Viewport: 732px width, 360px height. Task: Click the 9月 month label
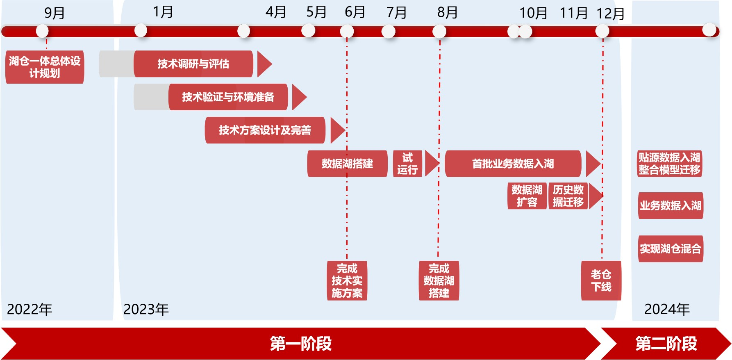[54, 13]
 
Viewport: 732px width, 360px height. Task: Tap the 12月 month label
[610, 14]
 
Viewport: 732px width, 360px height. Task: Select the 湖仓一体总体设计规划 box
[45, 67]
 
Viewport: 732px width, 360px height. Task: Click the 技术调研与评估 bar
[193, 64]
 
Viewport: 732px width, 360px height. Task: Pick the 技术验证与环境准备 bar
[228, 97]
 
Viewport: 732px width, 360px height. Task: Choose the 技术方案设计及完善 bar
[265, 130]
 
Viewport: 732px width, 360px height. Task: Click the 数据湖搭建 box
[347, 164]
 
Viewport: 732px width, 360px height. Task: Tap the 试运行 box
[407, 164]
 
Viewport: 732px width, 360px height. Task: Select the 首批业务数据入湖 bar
[513, 164]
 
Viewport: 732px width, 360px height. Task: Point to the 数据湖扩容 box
[527, 196]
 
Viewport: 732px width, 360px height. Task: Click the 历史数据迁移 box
[568, 196]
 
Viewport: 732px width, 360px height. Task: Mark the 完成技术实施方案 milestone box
[347, 280]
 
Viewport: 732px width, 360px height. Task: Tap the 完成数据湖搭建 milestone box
[439, 280]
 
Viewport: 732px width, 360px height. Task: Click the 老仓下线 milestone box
[601, 280]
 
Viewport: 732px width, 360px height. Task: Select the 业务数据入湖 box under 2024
[671, 205]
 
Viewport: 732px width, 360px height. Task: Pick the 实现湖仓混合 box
[671, 248]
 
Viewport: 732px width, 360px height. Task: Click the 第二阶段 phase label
[666, 344]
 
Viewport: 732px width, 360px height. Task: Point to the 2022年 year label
[30, 309]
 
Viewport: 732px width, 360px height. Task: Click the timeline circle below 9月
[42, 31]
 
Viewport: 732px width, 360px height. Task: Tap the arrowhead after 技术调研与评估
[264, 64]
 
